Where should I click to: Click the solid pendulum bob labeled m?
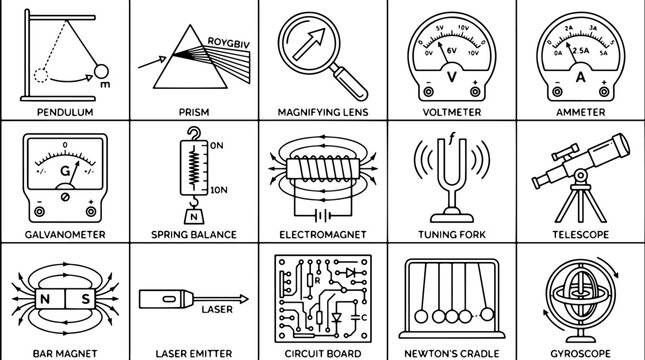(x=101, y=72)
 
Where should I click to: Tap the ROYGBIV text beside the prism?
(x=229, y=43)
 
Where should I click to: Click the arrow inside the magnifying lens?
(x=309, y=44)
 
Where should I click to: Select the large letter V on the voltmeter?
(x=452, y=77)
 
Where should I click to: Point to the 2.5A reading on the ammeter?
(x=581, y=51)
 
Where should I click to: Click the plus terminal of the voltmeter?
(x=475, y=92)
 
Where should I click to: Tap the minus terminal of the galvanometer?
(x=39, y=212)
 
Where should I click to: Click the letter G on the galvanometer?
(x=65, y=171)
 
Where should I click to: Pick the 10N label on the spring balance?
(x=219, y=190)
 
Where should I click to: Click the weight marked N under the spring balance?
(x=194, y=216)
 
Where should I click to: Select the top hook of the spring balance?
(x=194, y=133)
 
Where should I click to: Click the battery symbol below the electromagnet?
(x=323, y=215)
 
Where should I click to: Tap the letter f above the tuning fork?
(x=452, y=138)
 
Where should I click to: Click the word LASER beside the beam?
(x=217, y=309)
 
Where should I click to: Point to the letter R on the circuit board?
(x=317, y=281)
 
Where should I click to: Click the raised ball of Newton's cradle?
(x=487, y=314)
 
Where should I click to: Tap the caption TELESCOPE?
(x=580, y=235)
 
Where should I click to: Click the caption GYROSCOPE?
(x=580, y=353)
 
